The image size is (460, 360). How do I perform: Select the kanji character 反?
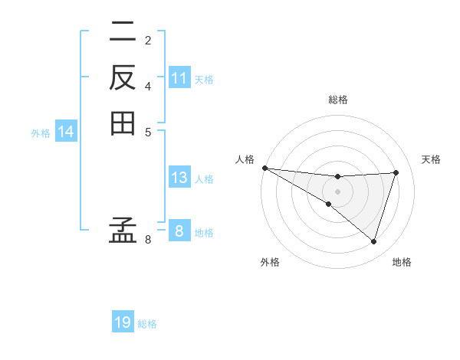122,77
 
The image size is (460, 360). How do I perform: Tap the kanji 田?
122,123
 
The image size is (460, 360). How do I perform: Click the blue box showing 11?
179,78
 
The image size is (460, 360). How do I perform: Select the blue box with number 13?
179,178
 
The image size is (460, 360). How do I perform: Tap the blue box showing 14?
66,133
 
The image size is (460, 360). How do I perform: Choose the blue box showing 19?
123,322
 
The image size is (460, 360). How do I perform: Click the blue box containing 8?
179,231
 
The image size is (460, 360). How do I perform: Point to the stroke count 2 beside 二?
148,40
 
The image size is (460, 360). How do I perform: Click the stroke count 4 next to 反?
148,85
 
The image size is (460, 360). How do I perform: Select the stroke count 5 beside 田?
148,131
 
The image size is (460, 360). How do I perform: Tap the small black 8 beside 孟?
148,240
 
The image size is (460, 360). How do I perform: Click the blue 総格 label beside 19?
148,324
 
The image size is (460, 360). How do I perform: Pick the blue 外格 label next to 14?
41,133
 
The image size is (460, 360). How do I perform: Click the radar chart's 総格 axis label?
337,100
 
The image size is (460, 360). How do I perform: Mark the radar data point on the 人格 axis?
264,167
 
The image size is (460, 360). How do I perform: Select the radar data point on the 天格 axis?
396,172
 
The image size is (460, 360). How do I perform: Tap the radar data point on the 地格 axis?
374,242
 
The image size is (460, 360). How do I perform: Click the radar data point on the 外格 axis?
329,204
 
